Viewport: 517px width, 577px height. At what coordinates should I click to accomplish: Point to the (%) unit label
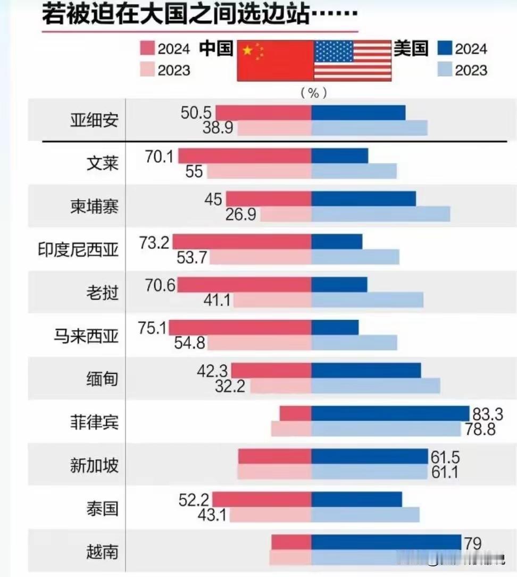[x=313, y=93]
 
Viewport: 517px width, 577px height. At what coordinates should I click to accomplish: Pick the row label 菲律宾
[x=94, y=423]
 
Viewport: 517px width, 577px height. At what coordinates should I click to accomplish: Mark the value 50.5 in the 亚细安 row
[x=197, y=113]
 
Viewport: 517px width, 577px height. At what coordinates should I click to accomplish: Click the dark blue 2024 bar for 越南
[x=386, y=542]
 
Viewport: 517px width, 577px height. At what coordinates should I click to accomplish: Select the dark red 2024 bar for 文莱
[x=245, y=156]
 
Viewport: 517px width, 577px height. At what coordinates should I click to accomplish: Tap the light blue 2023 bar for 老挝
[x=367, y=300]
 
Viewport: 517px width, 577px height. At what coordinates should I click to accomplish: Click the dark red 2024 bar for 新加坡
[x=274, y=456]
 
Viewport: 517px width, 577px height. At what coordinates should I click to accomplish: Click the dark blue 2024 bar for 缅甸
[x=366, y=370]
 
